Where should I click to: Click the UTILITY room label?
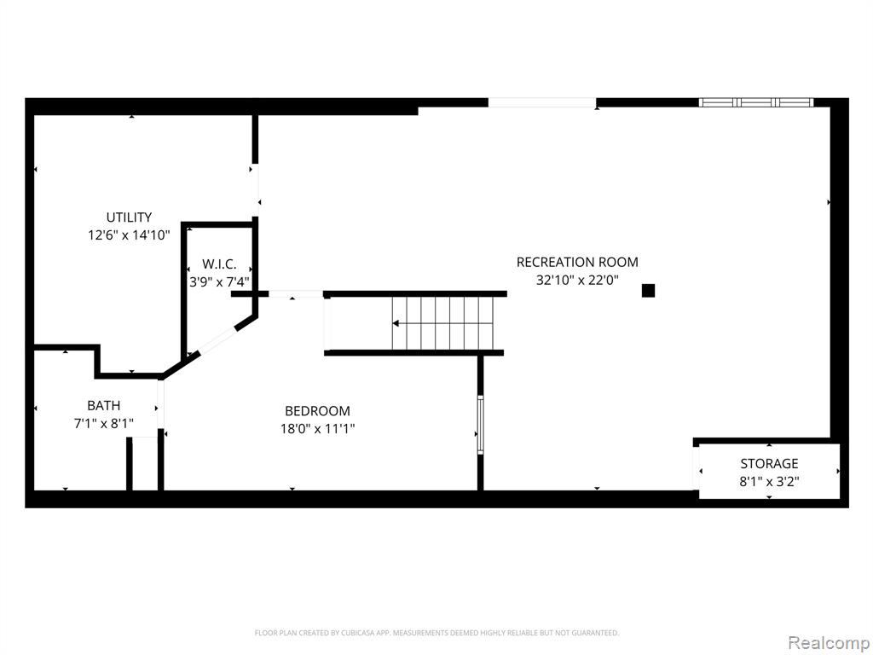tap(129, 217)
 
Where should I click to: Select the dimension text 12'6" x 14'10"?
tap(129, 235)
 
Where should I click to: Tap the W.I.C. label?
tap(219, 264)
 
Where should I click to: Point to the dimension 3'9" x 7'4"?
tap(219, 281)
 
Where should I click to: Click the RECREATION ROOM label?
tap(577, 262)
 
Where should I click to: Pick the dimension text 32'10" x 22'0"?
tap(577, 280)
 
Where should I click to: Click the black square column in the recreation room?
tap(648, 290)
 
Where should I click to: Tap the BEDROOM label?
tap(317, 411)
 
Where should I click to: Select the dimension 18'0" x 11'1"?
tap(317, 429)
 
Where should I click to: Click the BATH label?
tap(103, 405)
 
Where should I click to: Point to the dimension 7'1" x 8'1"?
tap(103, 423)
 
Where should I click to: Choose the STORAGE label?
tap(769, 463)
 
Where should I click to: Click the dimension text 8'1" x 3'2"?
tap(769, 481)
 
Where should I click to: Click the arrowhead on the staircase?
tap(396, 323)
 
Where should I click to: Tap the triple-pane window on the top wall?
tap(755, 102)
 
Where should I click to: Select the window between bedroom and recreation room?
tap(480, 425)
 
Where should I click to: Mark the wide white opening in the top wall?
tap(542, 102)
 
